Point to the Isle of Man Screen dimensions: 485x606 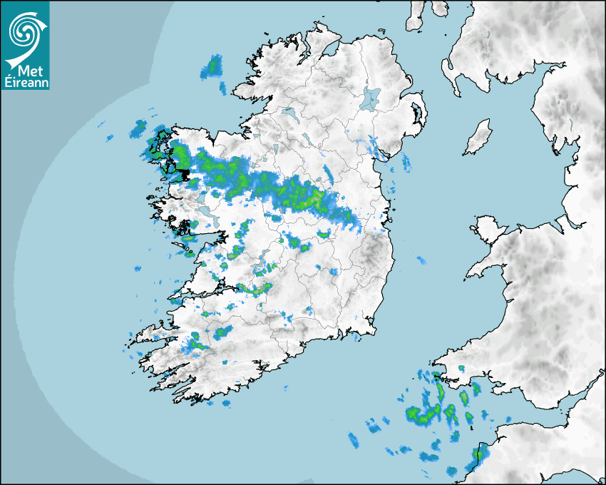478,138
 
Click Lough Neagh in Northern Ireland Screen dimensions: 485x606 370,98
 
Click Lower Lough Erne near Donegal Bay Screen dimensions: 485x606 289,113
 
